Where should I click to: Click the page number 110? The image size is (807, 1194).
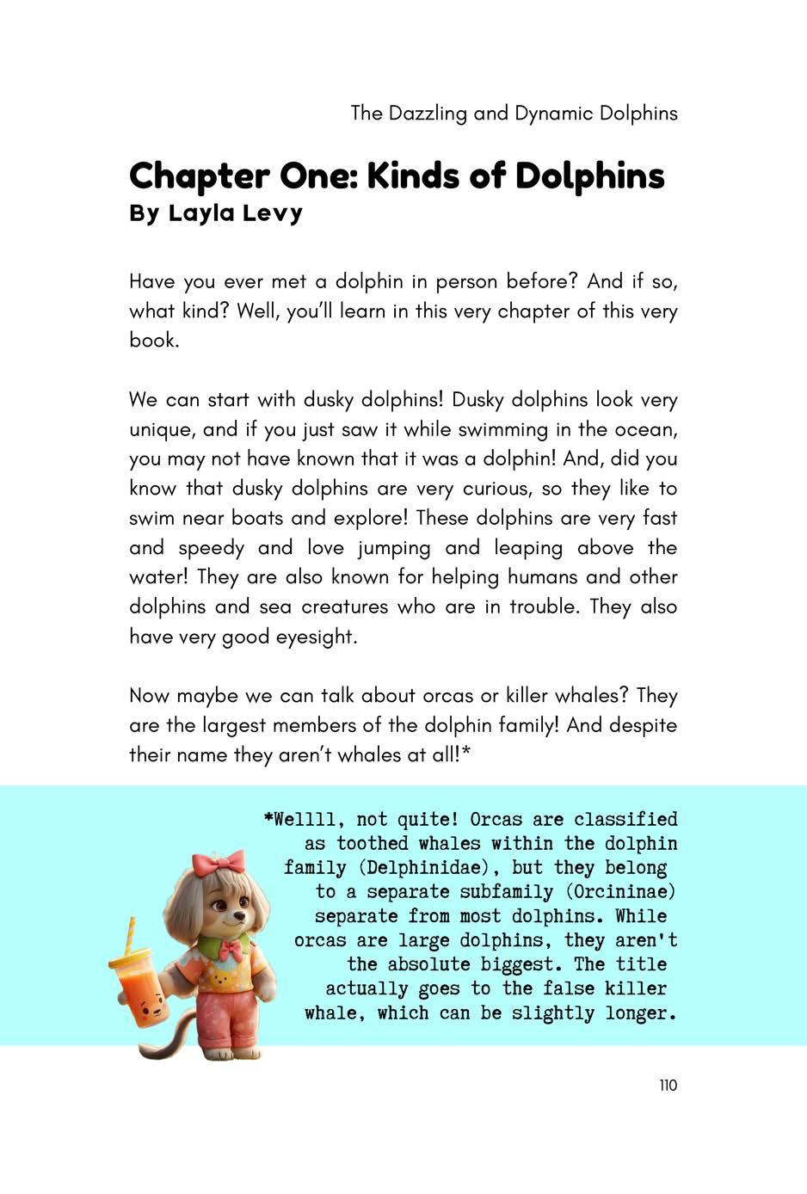[668, 1086]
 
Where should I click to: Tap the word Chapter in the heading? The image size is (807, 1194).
[199, 176]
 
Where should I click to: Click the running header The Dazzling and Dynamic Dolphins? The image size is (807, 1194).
[514, 113]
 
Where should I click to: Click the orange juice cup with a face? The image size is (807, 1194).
[141, 990]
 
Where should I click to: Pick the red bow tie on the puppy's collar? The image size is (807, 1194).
[231, 950]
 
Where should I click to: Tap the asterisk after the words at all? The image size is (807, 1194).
[466, 754]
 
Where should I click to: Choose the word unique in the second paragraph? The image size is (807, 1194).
[159, 429]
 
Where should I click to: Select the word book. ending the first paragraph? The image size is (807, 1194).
[154, 341]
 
